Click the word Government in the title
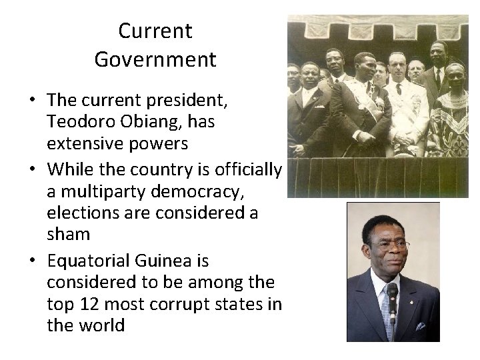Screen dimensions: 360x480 (155, 59)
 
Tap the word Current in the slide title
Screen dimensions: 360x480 (155, 31)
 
